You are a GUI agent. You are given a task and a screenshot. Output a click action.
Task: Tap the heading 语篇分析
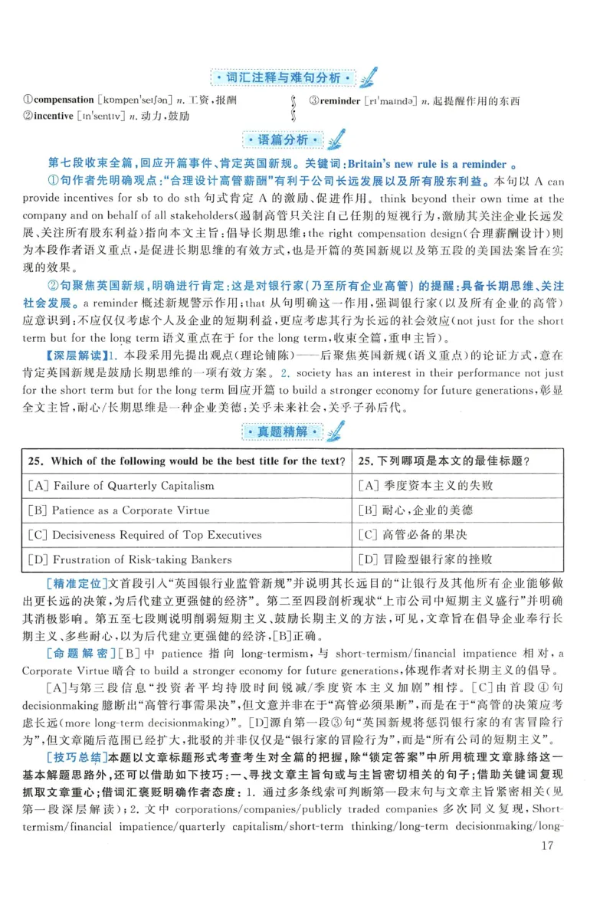coord(284,140)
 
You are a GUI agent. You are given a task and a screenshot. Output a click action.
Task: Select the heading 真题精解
coord(284,433)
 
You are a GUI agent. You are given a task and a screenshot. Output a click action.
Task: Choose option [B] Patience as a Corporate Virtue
coord(117,510)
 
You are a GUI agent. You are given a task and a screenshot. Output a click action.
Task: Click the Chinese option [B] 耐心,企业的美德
coord(415,510)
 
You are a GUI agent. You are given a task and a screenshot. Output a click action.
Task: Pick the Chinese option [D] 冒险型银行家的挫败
coord(425,559)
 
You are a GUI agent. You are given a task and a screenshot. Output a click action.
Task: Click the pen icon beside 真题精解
coord(333,431)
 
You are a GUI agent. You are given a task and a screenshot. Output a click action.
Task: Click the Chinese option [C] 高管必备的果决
coord(415,535)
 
